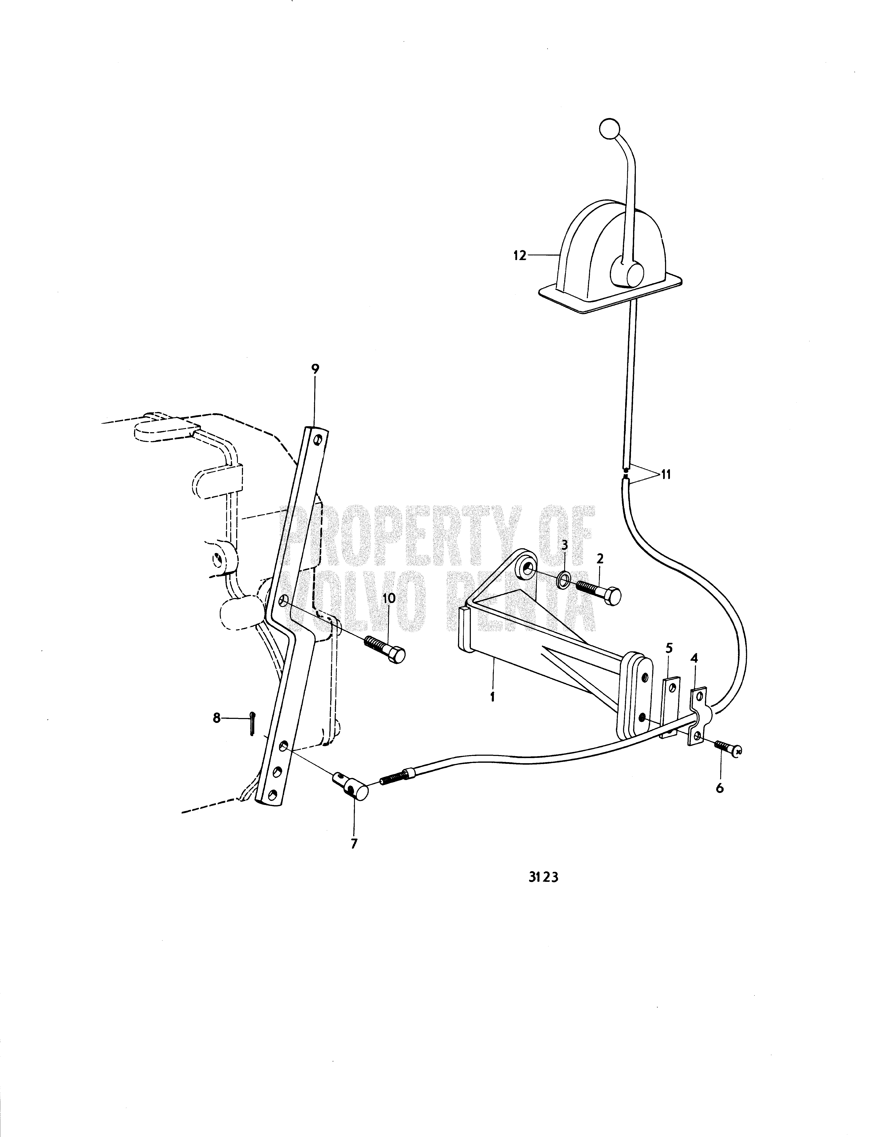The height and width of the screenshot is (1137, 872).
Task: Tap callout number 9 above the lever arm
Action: coord(316,369)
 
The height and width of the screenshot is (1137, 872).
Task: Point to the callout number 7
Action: coord(354,843)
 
